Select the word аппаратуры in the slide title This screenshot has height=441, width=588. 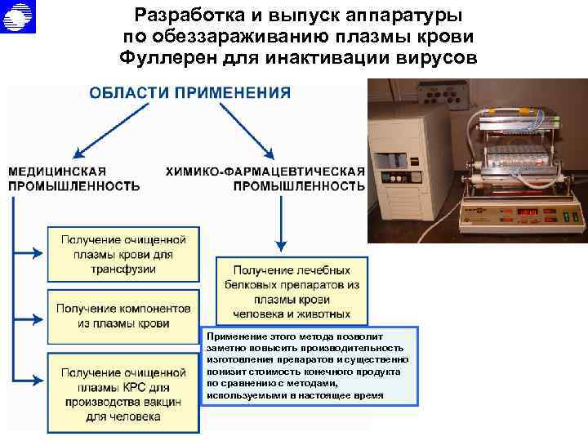coord(391,16)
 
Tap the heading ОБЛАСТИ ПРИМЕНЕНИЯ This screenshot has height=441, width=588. coord(189,92)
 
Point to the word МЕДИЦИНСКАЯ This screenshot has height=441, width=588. coord(57,171)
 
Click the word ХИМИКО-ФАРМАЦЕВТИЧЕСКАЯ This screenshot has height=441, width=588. coord(265,171)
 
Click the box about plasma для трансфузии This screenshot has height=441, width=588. coord(123,254)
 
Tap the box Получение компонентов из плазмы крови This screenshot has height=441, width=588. coord(123,316)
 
